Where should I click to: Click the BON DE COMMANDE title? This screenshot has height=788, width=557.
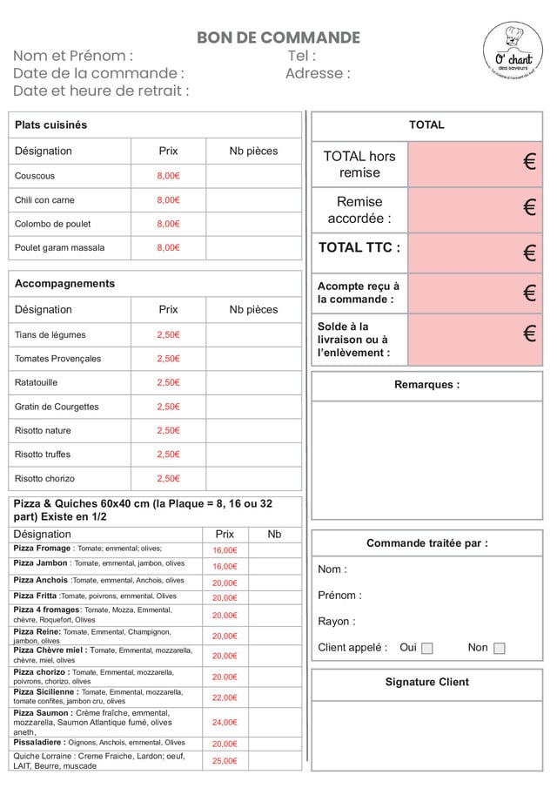(278, 37)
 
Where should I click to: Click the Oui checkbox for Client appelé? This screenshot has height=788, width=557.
(426, 648)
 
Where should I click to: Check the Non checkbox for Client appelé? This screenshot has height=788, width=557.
(499, 648)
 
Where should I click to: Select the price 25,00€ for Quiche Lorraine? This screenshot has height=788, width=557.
(225, 761)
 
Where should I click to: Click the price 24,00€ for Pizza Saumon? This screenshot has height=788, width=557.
(225, 722)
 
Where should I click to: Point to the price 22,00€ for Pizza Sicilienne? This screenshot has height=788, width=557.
(225, 697)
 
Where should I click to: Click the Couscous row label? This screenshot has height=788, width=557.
(35, 176)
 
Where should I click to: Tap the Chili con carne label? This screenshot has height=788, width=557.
(44, 199)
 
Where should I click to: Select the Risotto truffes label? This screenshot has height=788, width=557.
(43, 455)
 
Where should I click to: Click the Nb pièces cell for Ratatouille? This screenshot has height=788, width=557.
(253, 382)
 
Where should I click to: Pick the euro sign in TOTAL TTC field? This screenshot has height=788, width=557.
(529, 253)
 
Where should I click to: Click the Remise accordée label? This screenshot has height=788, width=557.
(359, 210)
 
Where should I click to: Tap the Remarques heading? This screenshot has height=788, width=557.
(426, 385)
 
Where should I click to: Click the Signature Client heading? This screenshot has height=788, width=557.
(426, 682)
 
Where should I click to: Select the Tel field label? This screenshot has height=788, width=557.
(301, 57)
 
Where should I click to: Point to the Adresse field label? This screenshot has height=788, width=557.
(318, 74)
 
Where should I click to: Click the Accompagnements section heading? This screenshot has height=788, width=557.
(64, 284)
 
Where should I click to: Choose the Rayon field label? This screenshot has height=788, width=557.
(336, 622)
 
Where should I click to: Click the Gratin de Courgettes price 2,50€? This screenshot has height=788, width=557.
(168, 407)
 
